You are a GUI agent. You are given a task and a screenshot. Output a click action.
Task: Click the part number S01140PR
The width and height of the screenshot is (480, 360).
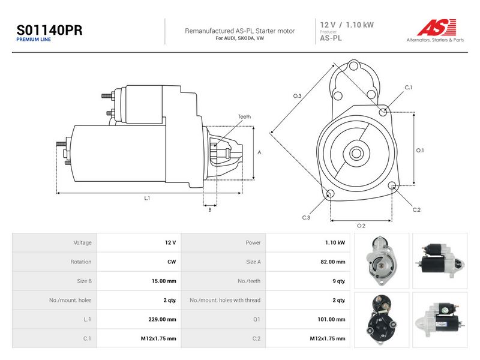point(49,31)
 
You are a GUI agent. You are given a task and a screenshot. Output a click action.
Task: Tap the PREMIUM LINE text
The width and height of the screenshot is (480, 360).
point(34,40)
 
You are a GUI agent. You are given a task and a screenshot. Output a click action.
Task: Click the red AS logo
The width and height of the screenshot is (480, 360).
point(437,27)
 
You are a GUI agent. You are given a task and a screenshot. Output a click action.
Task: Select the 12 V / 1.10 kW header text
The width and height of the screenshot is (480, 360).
point(347,25)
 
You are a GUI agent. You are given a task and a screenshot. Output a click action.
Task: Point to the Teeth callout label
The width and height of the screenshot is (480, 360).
point(244,116)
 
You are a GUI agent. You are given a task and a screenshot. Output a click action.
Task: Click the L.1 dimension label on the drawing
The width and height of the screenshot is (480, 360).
point(147,198)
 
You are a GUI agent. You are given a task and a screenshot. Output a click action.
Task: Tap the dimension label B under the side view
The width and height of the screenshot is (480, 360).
point(209,210)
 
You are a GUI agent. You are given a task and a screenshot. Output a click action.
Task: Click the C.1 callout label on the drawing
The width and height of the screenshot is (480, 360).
point(409,88)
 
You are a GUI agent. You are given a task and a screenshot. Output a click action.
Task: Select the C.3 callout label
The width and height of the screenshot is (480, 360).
point(306,218)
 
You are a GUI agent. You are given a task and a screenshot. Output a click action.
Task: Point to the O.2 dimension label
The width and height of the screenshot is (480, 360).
point(361,226)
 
